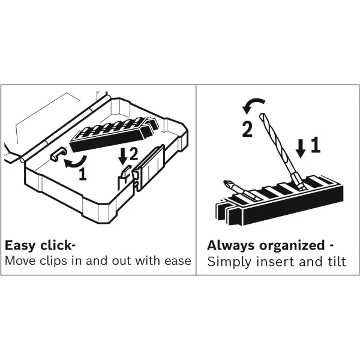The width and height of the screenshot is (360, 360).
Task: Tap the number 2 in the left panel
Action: [x=134, y=155]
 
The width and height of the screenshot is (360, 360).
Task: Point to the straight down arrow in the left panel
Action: [x=123, y=156]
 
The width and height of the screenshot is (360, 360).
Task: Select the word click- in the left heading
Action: [x=55, y=245]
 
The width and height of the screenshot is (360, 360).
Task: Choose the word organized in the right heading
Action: [x=290, y=246]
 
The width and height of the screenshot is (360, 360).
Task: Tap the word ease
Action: [x=178, y=261]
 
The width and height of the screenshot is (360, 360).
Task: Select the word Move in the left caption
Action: [x=19, y=261]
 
